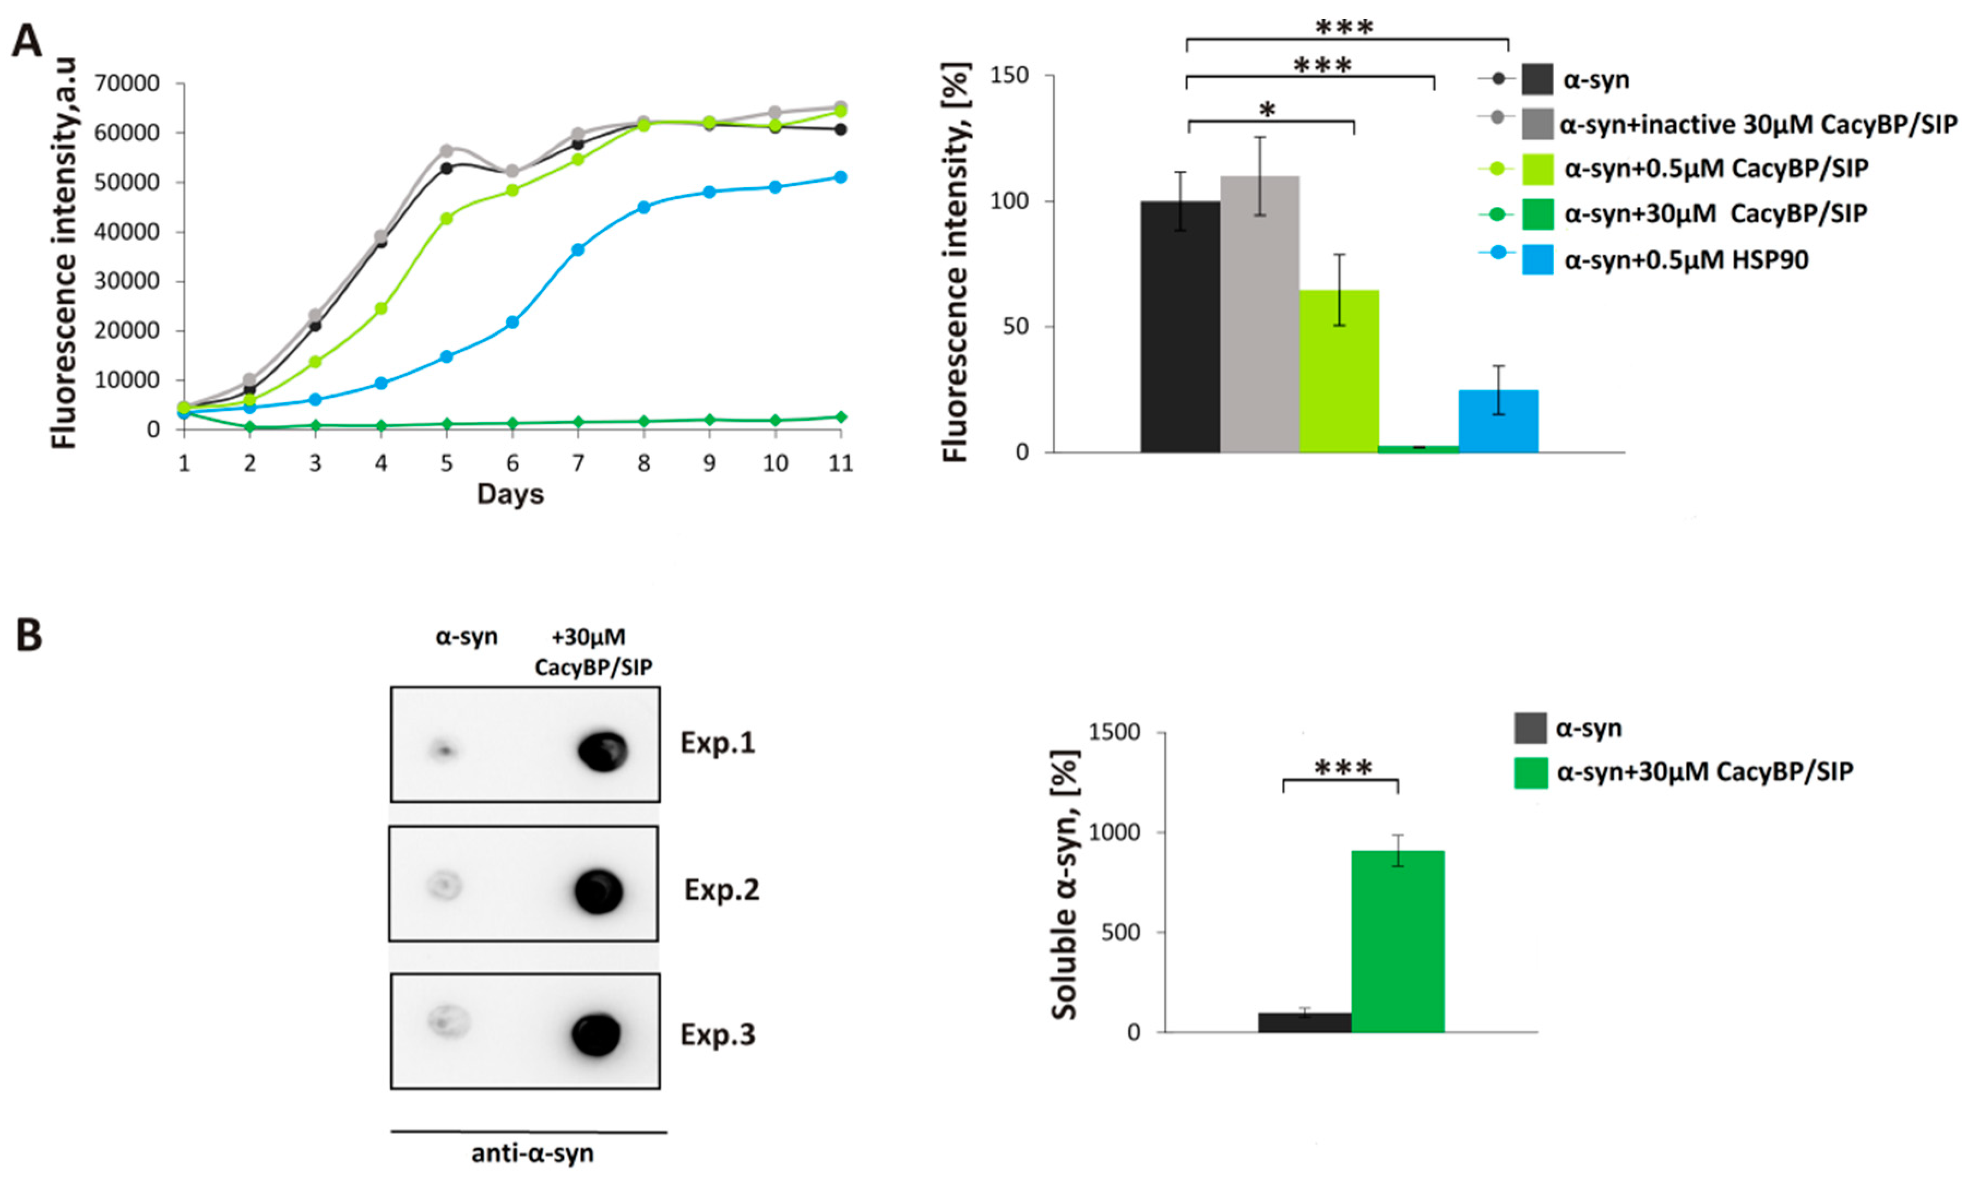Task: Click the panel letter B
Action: coord(29,636)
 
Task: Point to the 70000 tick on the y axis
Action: coord(127,83)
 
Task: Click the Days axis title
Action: coord(510,494)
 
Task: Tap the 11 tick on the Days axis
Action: coord(840,463)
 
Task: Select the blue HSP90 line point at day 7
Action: coord(578,249)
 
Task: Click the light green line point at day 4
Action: coord(381,308)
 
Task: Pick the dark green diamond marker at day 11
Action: coord(840,416)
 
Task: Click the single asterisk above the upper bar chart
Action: coord(1267,109)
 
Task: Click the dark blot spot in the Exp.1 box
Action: coord(603,750)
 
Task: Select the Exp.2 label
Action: coord(721,890)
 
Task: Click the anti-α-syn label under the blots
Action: coord(532,1153)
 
